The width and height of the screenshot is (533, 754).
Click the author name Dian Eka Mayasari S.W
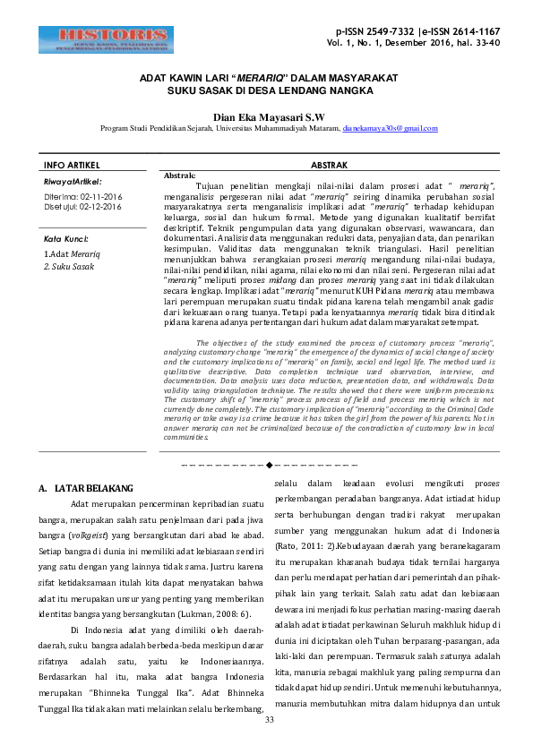268,116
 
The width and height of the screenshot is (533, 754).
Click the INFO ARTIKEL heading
72,166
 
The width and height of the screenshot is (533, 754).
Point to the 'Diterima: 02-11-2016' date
83,195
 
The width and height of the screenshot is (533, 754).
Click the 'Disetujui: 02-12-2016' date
83,206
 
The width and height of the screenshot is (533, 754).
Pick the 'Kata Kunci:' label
66,240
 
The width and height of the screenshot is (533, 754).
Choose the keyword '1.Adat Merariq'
73,255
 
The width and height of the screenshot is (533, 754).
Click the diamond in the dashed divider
268,466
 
